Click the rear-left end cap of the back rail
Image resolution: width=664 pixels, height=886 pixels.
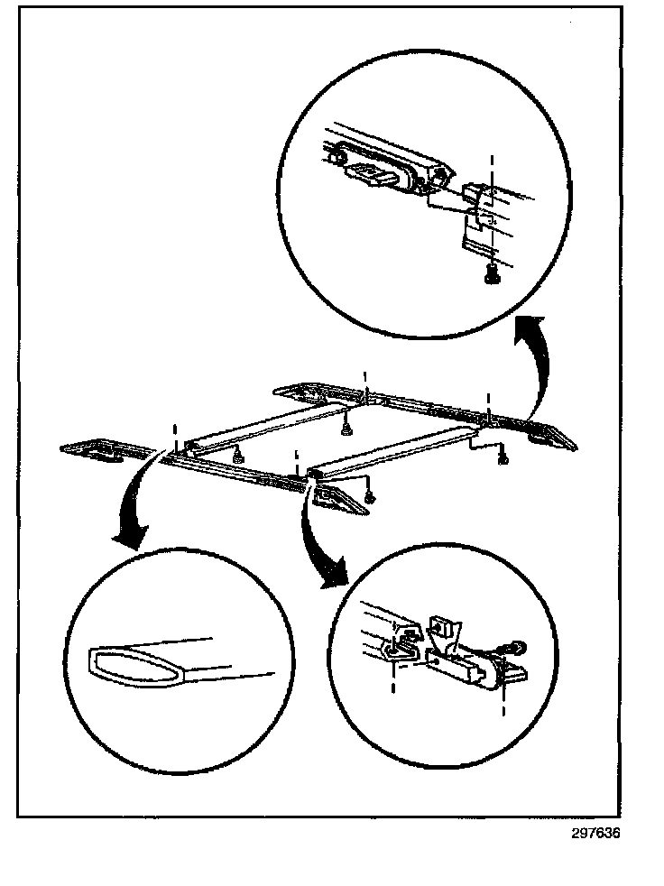[x=305, y=392]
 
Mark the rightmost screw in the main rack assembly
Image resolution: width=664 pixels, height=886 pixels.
[x=503, y=459]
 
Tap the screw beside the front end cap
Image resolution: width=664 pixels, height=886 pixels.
[x=370, y=496]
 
